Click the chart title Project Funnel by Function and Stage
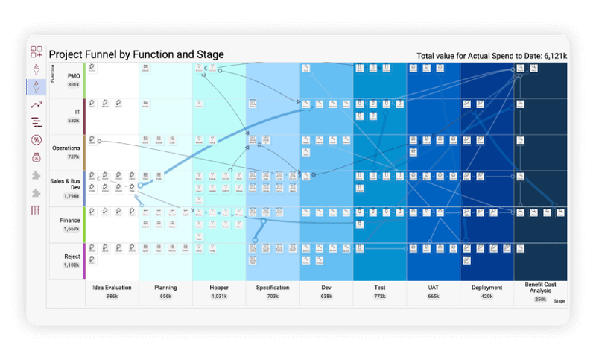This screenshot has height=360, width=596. pos(136,54)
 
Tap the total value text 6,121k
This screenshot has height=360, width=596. pos(551,56)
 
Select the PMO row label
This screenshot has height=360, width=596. pos(74,75)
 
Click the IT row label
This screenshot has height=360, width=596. pos(74,112)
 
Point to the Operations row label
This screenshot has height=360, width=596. pos(66,148)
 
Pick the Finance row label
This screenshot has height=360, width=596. pos(69,221)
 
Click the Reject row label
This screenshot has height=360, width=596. pos(72,256)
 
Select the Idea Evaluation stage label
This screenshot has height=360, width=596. pos(112,287)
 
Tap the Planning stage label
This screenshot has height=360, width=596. pos(165,287)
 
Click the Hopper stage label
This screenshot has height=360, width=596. pos(219,287)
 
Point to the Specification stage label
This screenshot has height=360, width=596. pos(273,287)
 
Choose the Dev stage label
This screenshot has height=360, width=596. pos(326,287)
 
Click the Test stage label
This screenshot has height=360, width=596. pos(380,287)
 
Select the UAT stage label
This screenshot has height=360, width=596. pos(434,287)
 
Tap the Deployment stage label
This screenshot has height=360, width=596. pos(487,287)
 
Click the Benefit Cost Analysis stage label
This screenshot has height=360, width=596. pos(541,288)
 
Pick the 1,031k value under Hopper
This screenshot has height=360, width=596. pos(219,296)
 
